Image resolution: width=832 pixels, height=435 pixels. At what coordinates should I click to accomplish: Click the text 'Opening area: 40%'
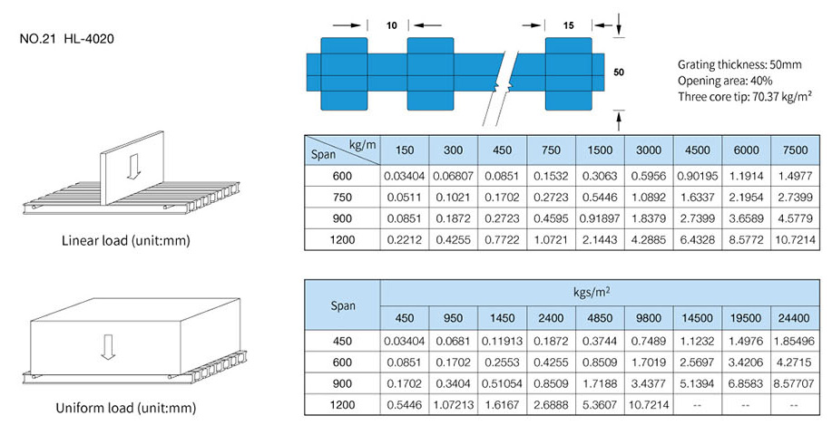tap(722, 81)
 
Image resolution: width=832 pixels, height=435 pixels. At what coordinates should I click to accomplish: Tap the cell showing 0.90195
tap(697, 175)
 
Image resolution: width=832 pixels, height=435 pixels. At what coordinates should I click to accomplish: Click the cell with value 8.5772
tap(746, 239)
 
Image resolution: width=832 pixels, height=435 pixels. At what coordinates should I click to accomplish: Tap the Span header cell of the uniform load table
tap(343, 305)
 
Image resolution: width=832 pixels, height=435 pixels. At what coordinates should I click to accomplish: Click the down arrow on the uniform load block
tap(108, 345)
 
